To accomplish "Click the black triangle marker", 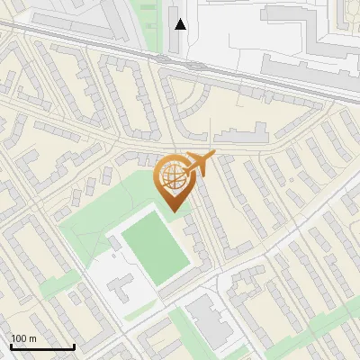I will point(181,24).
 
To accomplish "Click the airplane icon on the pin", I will point(199,164).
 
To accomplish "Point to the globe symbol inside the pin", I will point(171,176).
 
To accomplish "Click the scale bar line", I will point(42,347).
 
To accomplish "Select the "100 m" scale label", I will point(24,338).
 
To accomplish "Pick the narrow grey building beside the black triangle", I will point(171,27).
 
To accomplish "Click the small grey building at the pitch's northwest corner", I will point(116,242).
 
